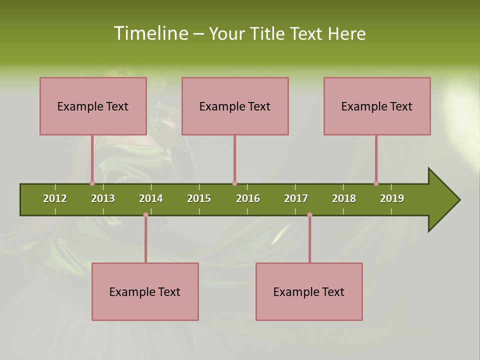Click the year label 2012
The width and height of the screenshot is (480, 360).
pyautogui.click(x=55, y=198)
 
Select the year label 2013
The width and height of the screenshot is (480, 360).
pyautogui.click(x=103, y=198)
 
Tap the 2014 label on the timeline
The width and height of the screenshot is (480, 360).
pyautogui.click(x=151, y=198)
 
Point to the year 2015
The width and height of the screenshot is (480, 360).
pyautogui.click(x=199, y=198)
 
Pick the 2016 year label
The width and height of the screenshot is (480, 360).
pyautogui.click(x=248, y=198)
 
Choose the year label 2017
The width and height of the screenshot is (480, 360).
pyautogui.click(x=296, y=198)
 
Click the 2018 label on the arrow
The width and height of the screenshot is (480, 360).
pyautogui.click(x=344, y=198)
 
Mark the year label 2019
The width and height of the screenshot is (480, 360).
pyautogui.click(x=392, y=198)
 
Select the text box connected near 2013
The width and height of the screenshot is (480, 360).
pyautogui.click(x=93, y=106)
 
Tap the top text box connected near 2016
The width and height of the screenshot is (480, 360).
pyautogui.click(x=235, y=106)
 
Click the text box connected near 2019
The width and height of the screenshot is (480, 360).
pyautogui.click(x=377, y=106)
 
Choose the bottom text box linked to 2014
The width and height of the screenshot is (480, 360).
pyautogui.click(x=145, y=291)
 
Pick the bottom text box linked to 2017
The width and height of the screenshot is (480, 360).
pyautogui.click(x=309, y=291)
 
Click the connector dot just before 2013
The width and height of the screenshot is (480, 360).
pyautogui.click(x=92, y=183)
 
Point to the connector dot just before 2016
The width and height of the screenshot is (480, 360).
pyautogui.click(x=234, y=183)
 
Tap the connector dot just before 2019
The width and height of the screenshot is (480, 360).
pyautogui.click(x=376, y=183)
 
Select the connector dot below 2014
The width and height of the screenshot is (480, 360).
pyautogui.click(x=145, y=215)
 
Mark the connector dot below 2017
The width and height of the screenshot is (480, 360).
pyautogui.click(x=309, y=215)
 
